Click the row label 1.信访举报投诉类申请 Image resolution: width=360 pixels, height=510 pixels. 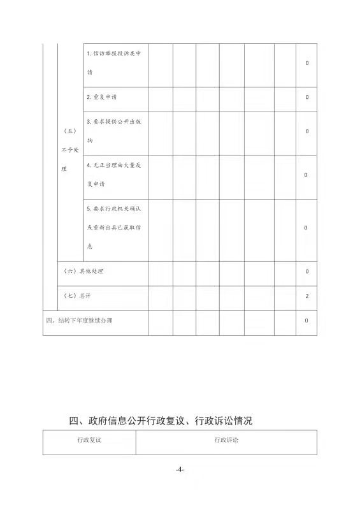coord(115,62)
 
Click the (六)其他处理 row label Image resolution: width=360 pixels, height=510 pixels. coord(83,271)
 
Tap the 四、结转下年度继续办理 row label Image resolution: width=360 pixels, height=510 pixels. coord(79,320)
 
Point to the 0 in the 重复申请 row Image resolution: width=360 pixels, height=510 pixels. coord(307,97)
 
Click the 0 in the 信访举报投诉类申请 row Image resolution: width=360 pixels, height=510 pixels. coord(307,63)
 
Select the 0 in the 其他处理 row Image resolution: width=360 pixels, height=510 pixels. coord(307,271)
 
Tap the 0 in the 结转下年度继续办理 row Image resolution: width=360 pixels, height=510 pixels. coord(307,320)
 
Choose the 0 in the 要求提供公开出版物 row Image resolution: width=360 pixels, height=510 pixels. coord(307,131)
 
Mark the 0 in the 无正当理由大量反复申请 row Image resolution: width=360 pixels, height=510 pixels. coord(307,175)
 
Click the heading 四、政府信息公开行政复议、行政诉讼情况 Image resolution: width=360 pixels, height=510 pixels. coord(161,421)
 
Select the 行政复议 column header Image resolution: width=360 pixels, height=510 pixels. coord(89,440)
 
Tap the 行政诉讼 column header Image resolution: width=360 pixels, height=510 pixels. coord(226,440)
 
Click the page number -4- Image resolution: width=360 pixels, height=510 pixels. coord(180,470)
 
